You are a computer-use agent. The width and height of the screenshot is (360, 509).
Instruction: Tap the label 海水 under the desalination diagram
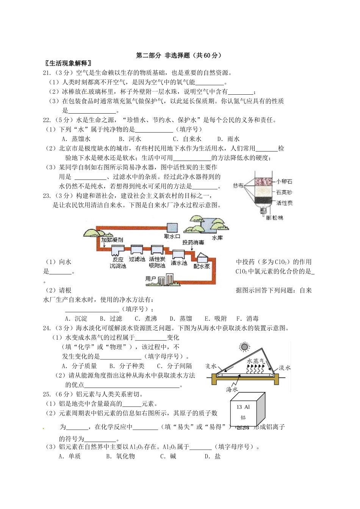232,389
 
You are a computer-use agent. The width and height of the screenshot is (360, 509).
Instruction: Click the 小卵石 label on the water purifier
284,181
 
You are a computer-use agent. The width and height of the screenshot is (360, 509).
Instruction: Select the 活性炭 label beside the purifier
284,203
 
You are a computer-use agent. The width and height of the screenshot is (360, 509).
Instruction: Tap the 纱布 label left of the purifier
238,186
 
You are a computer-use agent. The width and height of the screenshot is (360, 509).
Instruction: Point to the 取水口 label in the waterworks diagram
172,236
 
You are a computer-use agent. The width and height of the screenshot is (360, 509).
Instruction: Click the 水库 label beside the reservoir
217,238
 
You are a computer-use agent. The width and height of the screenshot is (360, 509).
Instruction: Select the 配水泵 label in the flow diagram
202,266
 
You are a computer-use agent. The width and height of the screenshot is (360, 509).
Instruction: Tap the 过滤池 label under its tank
137,259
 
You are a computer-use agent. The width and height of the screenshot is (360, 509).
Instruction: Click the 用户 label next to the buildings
150,279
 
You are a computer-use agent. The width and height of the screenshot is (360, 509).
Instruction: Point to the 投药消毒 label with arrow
193,242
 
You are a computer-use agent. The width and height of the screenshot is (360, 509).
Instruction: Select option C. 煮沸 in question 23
146,319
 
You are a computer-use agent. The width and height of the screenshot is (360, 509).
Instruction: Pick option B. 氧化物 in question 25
121,456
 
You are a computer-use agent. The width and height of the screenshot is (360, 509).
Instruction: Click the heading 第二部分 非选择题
178,55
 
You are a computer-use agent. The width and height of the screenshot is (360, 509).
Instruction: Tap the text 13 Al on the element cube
243,407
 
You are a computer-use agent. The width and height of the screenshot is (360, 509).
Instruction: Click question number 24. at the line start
47,328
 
